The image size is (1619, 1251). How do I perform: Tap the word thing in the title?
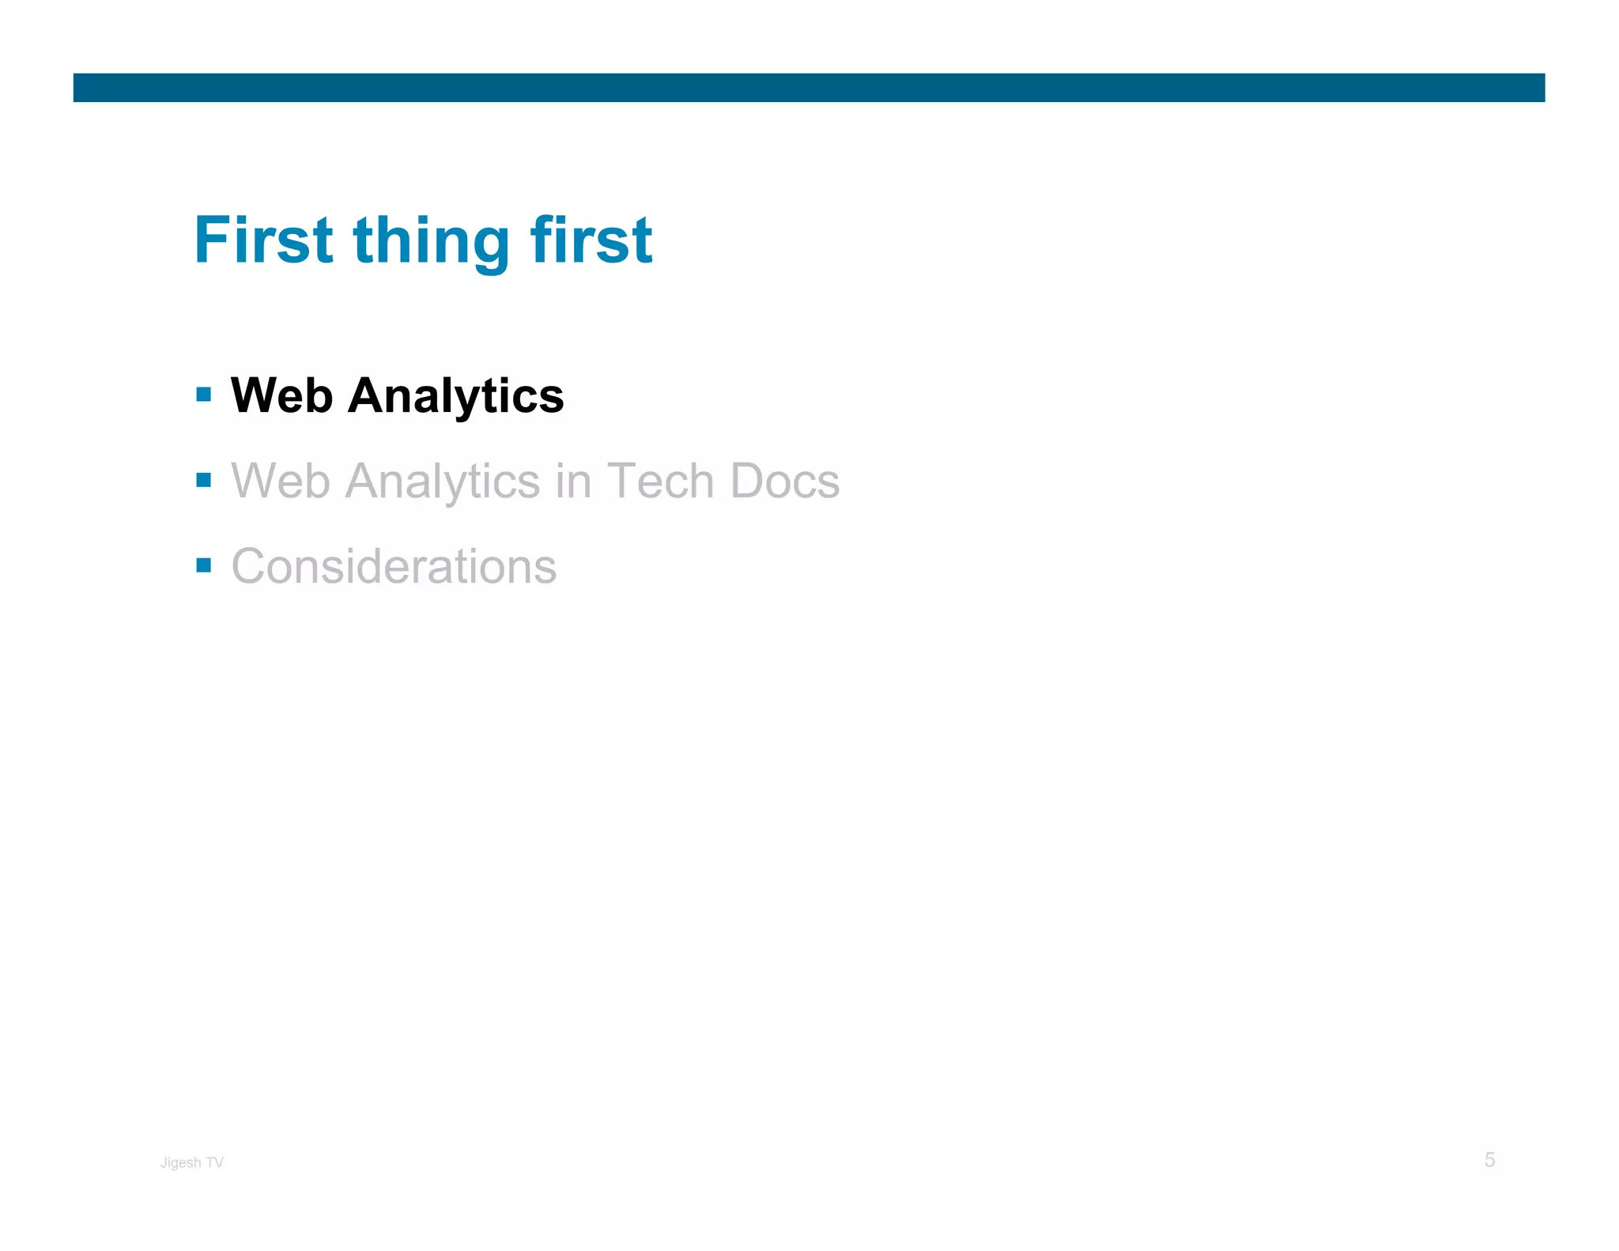point(431,241)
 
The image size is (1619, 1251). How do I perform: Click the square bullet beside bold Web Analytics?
point(204,394)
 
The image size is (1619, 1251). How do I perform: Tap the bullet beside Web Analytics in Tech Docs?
point(204,479)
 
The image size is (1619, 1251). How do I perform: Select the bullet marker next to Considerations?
point(204,565)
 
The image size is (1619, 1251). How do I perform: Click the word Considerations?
point(394,566)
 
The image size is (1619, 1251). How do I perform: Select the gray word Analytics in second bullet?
point(443,482)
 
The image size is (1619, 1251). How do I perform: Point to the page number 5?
point(1489,1160)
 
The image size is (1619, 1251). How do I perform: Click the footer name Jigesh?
point(181,1162)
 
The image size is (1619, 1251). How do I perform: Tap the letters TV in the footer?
point(215,1162)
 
